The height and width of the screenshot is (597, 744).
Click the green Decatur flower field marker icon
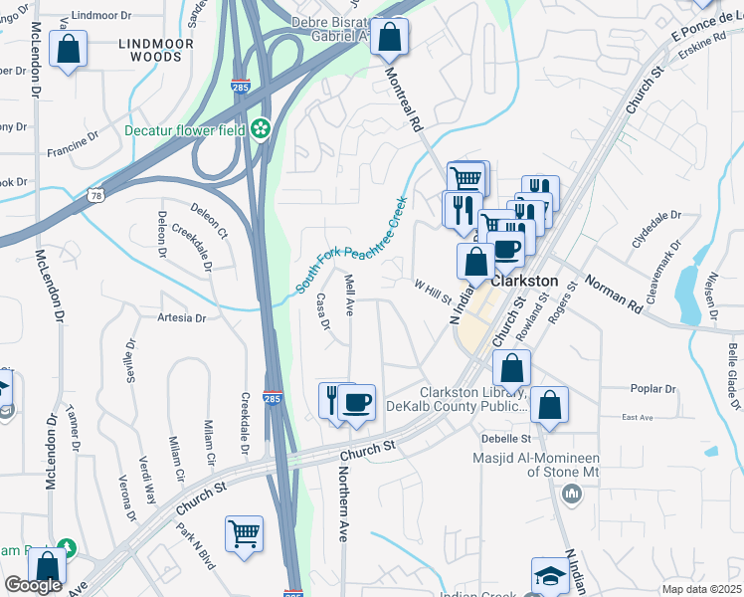(261, 128)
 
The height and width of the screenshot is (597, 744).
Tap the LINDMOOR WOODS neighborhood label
(150, 50)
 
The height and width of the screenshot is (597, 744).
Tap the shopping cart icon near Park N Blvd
(244, 534)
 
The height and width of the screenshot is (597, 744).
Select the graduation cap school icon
(549, 577)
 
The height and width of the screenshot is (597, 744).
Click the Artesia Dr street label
(180, 318)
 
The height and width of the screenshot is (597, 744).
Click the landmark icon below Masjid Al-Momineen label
(571, 493)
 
